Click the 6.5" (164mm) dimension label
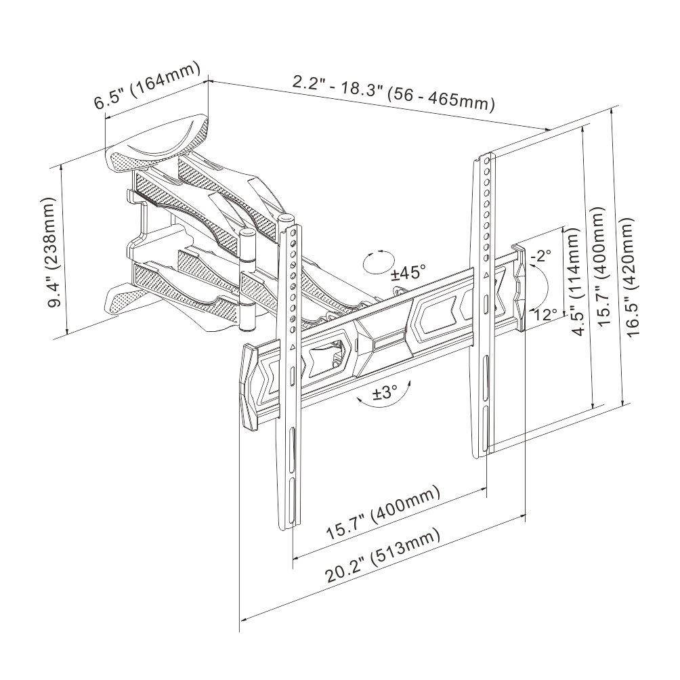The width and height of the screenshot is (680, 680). [148, 85]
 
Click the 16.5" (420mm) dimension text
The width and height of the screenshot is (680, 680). [628, 280]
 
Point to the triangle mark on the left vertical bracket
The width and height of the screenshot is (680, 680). [292, 347]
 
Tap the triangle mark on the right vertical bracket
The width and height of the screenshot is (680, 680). [486, 276]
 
